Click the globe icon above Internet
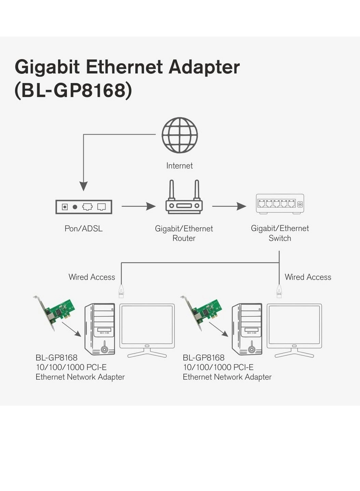[x=180, y=135]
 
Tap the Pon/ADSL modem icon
[x=84, y=207]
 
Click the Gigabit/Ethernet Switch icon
[x=280, y=204]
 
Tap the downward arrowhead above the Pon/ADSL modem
[x=83, y=186]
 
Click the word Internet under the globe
[x=179, y=166]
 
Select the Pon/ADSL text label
[x=83, y=229]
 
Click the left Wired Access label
[x=92, y=277]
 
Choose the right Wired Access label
[x=308, y=277]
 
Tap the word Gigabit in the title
[x=47, y=67]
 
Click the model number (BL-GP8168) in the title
[x=73, y=91]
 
